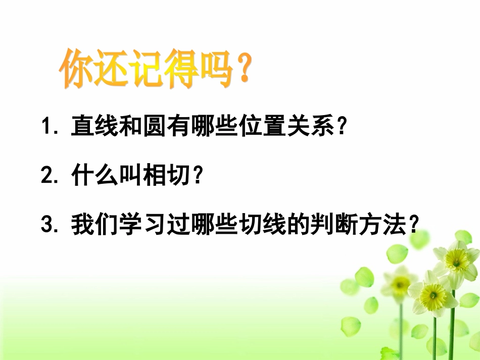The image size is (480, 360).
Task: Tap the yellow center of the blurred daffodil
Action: point(400,284)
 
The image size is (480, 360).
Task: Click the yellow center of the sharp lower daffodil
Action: point(433,292)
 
